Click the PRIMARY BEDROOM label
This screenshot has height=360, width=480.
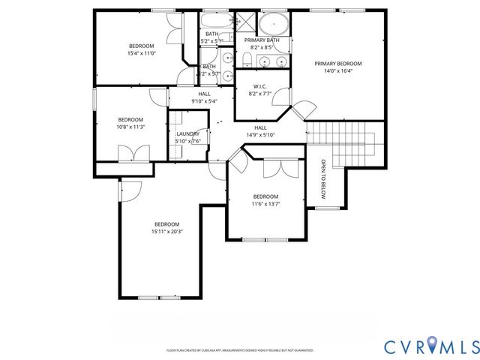(x=337, y=64)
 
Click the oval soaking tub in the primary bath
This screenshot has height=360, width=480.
(x=274, y=22)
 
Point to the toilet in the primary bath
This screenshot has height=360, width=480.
(x=247, y=60)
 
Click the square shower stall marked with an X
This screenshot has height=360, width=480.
(x=244, y=21)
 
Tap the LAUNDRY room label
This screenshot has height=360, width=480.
(x=187, y=133)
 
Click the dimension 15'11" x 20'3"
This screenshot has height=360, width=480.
(x=167, y=232)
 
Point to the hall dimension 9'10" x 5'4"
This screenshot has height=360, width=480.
(x=204, y=101)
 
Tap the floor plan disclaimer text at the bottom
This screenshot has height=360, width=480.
(x=239, y=350)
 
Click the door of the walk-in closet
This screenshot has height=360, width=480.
(x=280, y=96)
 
